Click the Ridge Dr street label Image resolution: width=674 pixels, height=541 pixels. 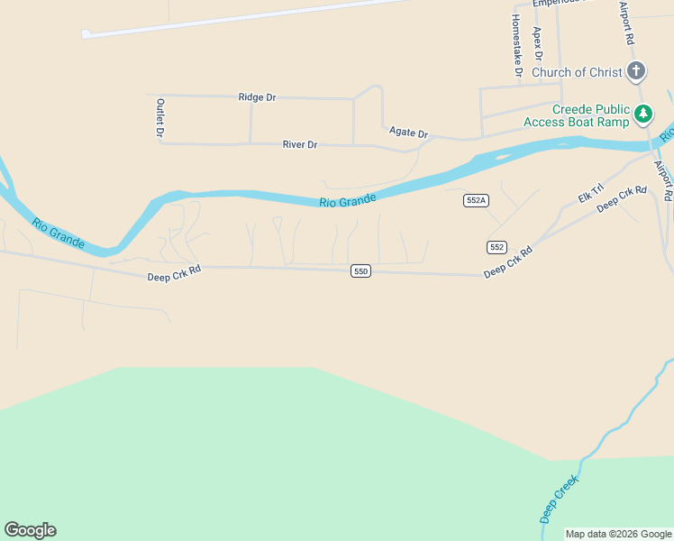[257, 96]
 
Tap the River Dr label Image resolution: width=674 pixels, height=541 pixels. [300, 144]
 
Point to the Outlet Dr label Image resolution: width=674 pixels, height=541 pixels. [160, 118]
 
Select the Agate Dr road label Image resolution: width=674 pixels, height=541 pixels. [408, 133]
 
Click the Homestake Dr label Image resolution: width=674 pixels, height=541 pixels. [517, 45]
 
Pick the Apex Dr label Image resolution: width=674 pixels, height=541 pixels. [537, 42]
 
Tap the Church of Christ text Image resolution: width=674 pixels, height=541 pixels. [577, 72]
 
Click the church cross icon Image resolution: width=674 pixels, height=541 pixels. [636, 71]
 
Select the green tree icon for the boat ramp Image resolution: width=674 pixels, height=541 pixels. [642, 114]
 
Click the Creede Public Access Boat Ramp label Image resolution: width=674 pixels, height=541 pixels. [590, 115]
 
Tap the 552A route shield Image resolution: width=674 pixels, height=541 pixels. [477, 200]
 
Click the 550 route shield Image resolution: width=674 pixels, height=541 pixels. [360, 270]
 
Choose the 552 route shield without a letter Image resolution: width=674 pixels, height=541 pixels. [496, 247]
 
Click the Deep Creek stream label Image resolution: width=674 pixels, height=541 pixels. [559, 501]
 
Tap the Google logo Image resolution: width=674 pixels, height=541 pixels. [30, 530]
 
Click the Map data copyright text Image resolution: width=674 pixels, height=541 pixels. [618, 534]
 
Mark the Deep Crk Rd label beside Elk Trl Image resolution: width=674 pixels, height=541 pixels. [622, 197]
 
